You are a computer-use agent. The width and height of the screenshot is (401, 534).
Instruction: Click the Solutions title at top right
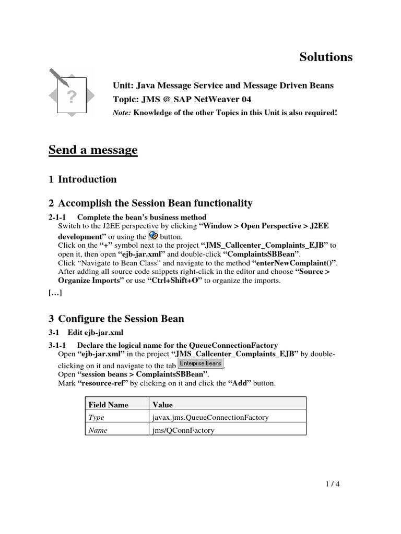pyautogui.click(x=326, y=57)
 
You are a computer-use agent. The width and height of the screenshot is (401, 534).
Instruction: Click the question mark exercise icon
pyautogui.click(x=72, y=93)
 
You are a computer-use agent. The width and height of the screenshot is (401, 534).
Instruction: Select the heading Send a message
pyautogui.click(x=93, y=150)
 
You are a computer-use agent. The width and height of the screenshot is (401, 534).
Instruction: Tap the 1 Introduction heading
pyautogui.click(x=82, y=179)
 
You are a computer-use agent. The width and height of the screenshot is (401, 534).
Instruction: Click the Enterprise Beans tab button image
pyautogui.click(x=200, y=363)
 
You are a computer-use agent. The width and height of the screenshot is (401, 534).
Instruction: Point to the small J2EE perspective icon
pyautogui.click(x=154, y=235)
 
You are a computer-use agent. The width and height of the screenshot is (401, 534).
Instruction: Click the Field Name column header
pyautogui.click(x=108, y=404)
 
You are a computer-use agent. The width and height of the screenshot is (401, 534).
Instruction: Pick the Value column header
pyautogui.click(x=162, y=404)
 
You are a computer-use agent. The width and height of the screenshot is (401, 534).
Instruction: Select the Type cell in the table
pyautogui.click(x=97, y=417)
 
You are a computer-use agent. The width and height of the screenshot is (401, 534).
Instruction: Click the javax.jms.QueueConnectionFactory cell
pyautogui.click(x=210, y=417)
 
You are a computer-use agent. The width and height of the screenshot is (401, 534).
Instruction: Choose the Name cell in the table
pyautogui.click(x=98, y=430)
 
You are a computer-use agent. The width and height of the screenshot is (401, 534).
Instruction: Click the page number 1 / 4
pyautogui.click(x=331, y=483)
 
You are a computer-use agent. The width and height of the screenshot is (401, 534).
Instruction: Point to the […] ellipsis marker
pyautogui.click(x=55, y=293)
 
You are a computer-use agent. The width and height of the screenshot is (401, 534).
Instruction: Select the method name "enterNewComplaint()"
pyautogui.click(x=294, y=263)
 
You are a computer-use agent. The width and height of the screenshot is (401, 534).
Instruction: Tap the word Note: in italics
pyautogui.click(x=122, y=113)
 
